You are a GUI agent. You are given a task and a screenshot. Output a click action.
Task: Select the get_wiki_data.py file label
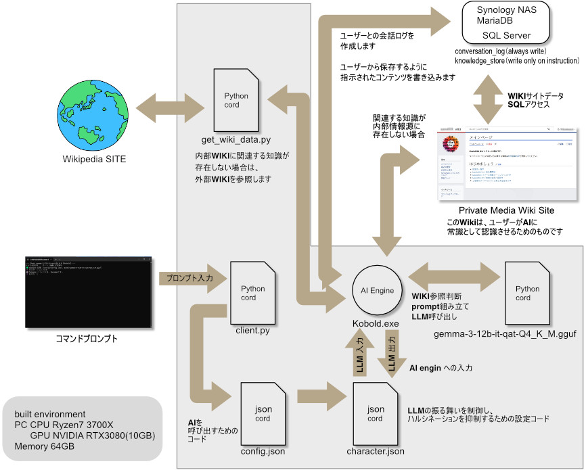[x=237, y=139]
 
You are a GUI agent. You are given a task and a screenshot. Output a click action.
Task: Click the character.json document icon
[x=375, y=413]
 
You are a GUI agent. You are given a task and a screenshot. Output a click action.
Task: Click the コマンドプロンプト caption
[x=87, y=339]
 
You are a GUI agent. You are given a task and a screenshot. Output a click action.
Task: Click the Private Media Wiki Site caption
[x=506, y=210]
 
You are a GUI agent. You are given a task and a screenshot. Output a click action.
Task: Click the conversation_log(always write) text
[x=500, y=51]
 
